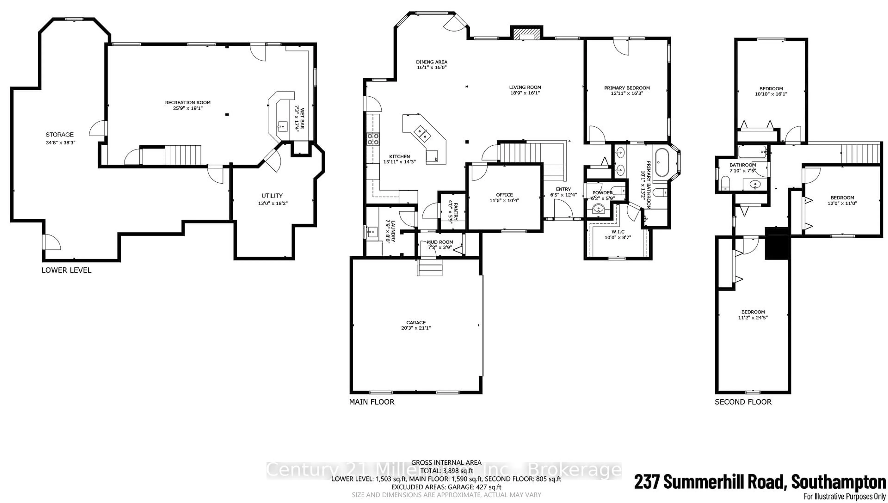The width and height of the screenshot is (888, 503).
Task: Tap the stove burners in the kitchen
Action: (373, 139)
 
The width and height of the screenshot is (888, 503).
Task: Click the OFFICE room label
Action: (504, 195)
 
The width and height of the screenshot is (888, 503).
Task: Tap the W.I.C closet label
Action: (618, 232)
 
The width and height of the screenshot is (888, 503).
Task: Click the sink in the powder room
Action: (597, 209)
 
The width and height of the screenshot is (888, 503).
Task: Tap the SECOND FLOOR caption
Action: (743, 402)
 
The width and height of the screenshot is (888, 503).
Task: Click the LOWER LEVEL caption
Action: (66, 270)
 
